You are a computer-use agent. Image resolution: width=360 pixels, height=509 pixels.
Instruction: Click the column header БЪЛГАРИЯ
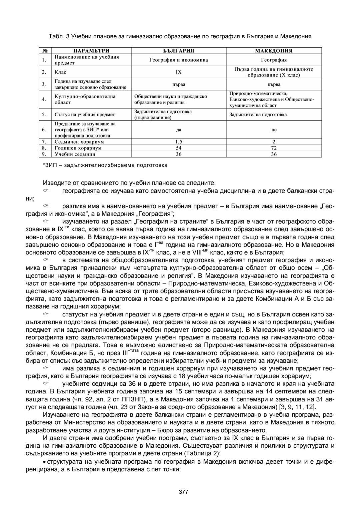pos(179,51)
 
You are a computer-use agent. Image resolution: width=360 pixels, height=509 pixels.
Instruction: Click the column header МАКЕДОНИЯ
pos(274,51)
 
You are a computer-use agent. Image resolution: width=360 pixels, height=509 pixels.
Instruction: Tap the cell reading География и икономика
pos(179,60)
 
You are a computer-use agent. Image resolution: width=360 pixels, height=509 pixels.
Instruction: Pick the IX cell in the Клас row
pos(179,72)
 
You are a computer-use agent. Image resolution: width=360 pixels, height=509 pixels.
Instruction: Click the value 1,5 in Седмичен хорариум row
pos(179,142)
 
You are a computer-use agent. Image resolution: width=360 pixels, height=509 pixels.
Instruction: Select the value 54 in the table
pos(179,148)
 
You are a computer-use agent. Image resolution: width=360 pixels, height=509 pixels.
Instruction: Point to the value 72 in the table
pos(274,148)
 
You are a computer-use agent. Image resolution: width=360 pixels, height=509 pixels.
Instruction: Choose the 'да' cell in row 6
pos(179,130)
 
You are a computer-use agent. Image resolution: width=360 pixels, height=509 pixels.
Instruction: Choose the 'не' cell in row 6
pos(274,130)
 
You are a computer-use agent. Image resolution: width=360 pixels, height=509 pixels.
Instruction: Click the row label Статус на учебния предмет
pos(85,115)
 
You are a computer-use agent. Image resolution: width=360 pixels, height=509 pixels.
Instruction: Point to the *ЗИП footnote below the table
pos(105,165)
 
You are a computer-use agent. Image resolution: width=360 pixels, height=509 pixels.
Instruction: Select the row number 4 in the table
pos(44,99)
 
